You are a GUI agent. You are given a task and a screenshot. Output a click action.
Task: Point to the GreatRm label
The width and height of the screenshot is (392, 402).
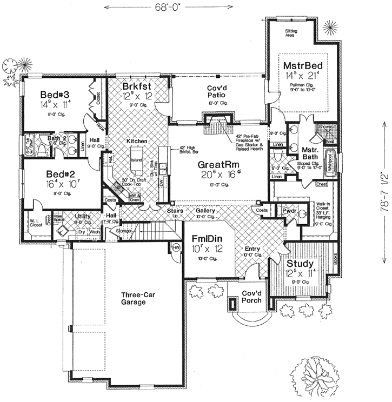(x=216, y=164)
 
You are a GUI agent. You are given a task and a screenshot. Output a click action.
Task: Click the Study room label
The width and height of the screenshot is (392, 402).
(x=297, y=265)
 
